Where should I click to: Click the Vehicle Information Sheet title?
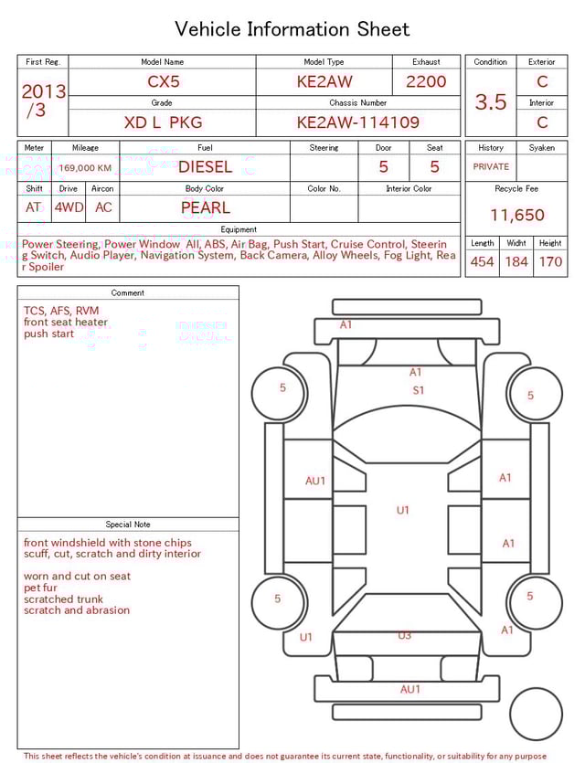pos(292,30)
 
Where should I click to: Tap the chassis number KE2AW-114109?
pos(357,122)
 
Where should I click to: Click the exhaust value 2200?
pos(426,81)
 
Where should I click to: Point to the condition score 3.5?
pos(491,102)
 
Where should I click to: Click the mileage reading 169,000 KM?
pos(85,168)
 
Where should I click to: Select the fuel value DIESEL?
pos(205,167)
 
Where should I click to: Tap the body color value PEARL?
pos(205,207)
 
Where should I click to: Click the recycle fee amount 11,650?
pos(516,216)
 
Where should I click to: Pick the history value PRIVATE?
pos(491,167)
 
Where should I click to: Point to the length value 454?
pos(482,262)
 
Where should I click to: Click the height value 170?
pos(550,262)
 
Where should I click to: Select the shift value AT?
pos(34,207)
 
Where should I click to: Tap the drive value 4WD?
pos(69,207)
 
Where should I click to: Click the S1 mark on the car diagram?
pos(419,390)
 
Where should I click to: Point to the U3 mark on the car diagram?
pos(404,635)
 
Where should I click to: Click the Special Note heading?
pos(128,525)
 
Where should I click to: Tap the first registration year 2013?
pos(43,92)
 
